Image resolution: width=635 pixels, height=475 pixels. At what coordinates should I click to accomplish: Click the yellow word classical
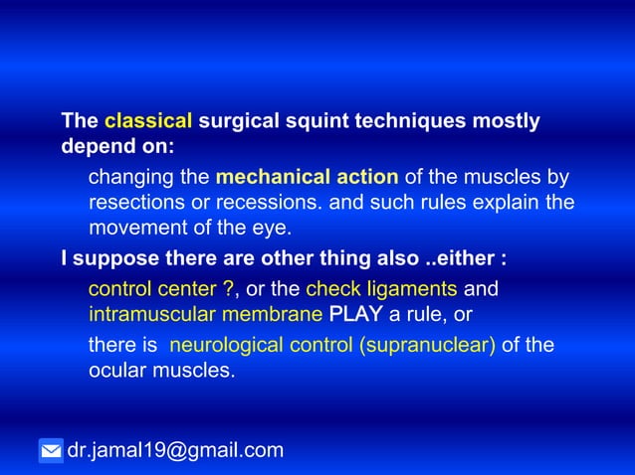click(148, 122)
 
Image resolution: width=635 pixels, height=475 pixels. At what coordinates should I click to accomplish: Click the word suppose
click(106, 259)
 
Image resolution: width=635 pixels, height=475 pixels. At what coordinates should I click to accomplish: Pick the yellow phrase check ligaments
click(381, 289)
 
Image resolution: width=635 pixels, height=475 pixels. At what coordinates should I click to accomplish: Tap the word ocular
click(116, 371)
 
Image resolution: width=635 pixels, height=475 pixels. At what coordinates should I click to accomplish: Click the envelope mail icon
click(51, 451)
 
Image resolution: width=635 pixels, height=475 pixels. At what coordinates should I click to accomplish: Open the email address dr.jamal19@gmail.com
click(175, 451)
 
